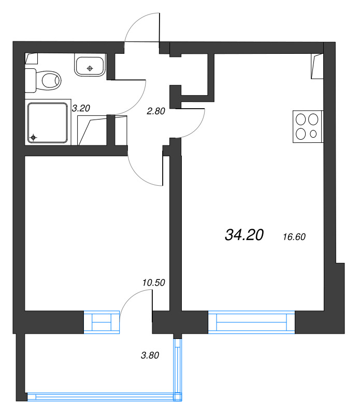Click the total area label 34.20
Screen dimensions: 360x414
tap(244, 235)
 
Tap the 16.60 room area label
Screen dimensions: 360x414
tap(294, 237)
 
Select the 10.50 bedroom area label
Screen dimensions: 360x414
tap(153, 283)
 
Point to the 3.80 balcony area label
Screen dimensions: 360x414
tap(150, 356)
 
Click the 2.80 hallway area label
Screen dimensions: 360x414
tap(156, 111)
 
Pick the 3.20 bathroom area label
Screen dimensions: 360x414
tap(81, 108)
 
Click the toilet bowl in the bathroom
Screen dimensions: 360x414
tap(51, 81)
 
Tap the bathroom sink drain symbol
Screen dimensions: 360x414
tap(90, 69)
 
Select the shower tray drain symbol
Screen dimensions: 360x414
tap(33, 138)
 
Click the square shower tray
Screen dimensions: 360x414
tap(48, 123)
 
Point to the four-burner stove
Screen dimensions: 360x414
tap(308, 126)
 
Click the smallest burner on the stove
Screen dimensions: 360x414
tap(313, 134)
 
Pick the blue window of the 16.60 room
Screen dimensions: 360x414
tap(251, 322)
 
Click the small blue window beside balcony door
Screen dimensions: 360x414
tap(102, 322)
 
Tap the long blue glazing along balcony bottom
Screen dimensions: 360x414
tap(105, 397)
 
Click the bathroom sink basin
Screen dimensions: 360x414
tap(90, 65)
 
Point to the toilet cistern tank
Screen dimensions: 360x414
tap(30, 81)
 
